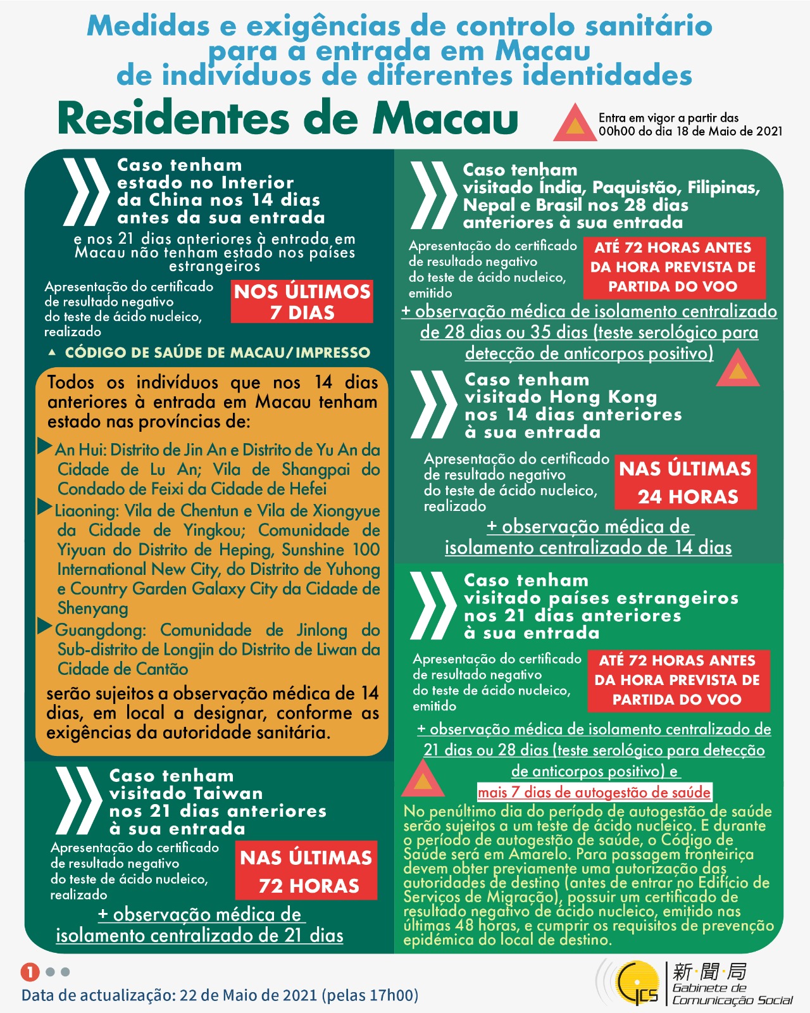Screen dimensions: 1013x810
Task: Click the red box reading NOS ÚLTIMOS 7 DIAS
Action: coord(302,302)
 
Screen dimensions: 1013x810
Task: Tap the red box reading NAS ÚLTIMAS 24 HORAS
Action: coord(686,482)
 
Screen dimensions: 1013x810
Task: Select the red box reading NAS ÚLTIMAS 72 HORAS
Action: coord(306,871)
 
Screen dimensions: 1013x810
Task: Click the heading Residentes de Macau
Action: coord(288,118)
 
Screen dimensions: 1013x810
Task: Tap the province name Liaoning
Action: coord(87,511)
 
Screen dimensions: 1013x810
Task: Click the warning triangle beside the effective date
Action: coord(575,123)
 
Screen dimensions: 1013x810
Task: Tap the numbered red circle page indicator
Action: coord(30,972)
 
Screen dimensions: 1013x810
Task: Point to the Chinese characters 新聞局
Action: coord(709,971)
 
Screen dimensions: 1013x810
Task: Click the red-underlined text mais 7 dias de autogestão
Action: coord(594,792)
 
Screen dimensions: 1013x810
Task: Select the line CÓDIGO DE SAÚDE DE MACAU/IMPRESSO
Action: coord(217,353)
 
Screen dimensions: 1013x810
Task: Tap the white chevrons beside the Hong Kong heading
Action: coord(433,405)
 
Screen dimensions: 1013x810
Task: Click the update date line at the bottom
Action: coord(220,995)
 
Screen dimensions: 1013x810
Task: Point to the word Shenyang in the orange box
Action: coord(93,608)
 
